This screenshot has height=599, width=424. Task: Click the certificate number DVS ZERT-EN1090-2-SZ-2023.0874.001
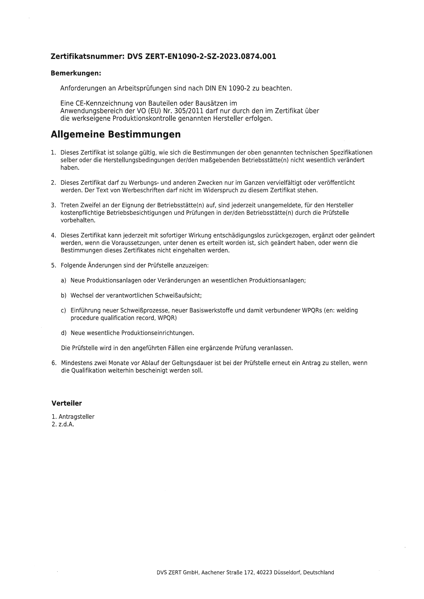click(x=202, y=57)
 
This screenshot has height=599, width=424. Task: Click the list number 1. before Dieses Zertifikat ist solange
click(x=53, y=152)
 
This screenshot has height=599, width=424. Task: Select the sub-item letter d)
click(x=63, y=333)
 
